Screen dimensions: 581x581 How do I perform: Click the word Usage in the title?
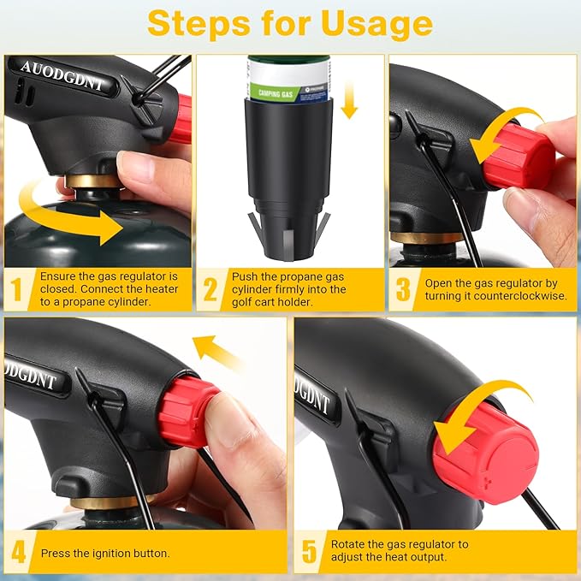click(x=376, y=25)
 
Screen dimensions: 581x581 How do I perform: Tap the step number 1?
click(x=16, y=289)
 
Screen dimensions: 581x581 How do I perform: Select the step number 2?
click(x=210, y=289)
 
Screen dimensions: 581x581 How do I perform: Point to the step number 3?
click(x=403, y=289)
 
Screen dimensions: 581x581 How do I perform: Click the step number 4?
click(x=19, y=552)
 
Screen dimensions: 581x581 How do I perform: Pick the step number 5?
click(x=309, y=552)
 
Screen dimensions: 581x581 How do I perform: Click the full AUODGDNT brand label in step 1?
click(x=62, y=76)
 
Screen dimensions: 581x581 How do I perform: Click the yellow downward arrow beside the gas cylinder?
click(x=348, y=100)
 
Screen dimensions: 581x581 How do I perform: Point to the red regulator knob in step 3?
click(x=519, y=157)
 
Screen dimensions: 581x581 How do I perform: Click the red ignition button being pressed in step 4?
click(x=186, y=412)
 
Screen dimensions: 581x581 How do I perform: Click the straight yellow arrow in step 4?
click(x=216, y=353)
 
